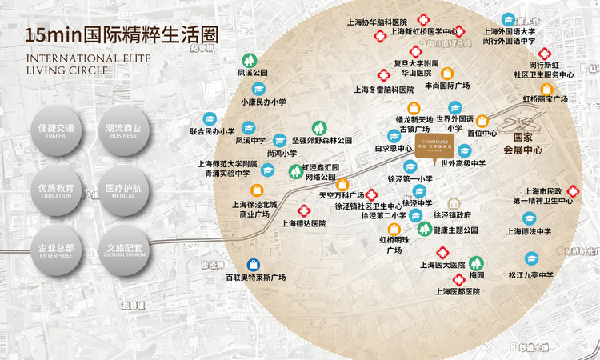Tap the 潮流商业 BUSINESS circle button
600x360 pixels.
point(122,131)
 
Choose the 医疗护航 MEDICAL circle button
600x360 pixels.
point(122,191)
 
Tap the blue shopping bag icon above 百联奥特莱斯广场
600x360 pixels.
point(254,264)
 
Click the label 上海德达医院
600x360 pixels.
point(303,224)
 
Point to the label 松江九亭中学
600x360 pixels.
point(530,275)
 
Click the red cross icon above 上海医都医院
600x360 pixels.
point(458,279)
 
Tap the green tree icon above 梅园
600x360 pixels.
point(477,262)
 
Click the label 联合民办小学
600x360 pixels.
point(211,131)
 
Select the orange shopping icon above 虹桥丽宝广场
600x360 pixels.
point(546,88)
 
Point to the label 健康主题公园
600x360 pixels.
point(455,230)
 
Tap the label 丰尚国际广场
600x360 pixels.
point(446,84)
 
